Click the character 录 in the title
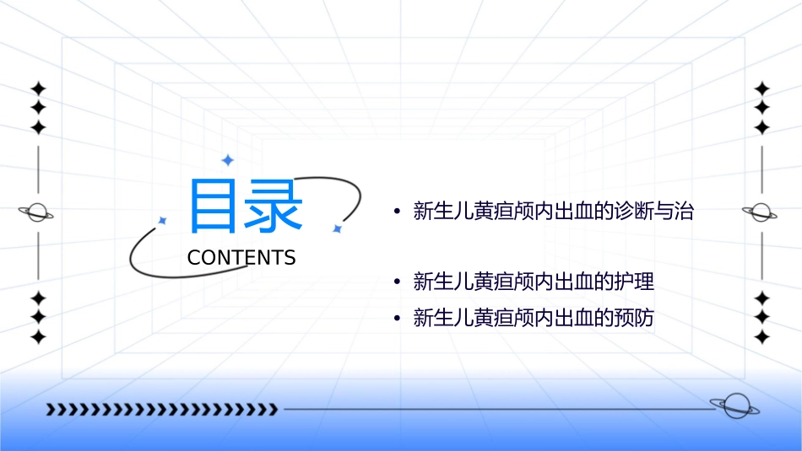[x=273, y=205]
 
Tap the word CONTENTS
[x=241, y=258]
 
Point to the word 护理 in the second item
[x=635, y=282]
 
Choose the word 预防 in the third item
[x=635, y=319]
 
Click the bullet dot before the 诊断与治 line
[x=396, y=212]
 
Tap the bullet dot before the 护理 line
[x=396, y=282]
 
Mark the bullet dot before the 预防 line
[x=396, y=319]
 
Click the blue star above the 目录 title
[x=226, y=159]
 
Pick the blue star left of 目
[x=163, y=220]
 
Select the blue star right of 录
[x=337, y=228]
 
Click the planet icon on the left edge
[x=37, y=212]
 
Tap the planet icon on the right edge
[x=760, y=212]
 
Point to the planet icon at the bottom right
[x=735, y=406]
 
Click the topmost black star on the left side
[x=38, y=89]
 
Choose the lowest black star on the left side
[x=38, y=337]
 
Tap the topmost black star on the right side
[x=762, y=89]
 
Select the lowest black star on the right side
[x=762, y=337]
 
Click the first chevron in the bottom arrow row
[x=51, y=411]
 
